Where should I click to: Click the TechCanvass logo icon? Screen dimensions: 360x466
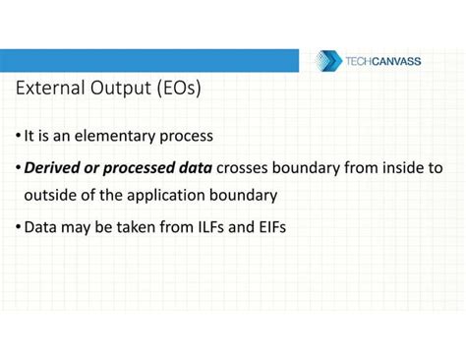coord(326,61)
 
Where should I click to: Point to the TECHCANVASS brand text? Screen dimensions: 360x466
coord(382,61)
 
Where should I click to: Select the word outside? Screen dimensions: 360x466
coord(51,195)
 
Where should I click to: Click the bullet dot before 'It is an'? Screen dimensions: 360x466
coord(18,136)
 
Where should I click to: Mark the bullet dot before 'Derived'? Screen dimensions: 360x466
coord(18,168)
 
